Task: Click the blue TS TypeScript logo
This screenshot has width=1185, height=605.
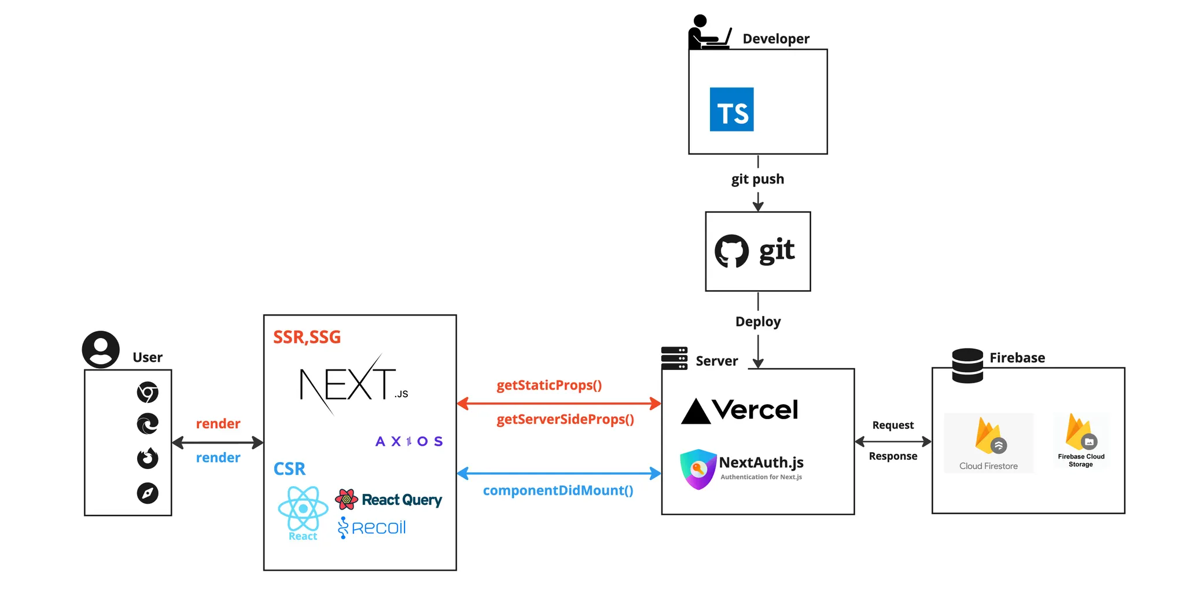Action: click(731, 109)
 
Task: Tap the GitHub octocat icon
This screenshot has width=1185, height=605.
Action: click(731, 251)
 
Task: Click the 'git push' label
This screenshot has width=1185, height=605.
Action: click(757, 179)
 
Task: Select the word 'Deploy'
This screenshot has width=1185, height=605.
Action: click(758, 321)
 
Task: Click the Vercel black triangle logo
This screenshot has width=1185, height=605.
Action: click(695, 412)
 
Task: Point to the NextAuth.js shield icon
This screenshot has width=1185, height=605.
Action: click(698, 469)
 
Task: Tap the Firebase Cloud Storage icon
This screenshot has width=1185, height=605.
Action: click(1080, 432)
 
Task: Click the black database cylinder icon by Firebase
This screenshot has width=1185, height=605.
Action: click(967, 365)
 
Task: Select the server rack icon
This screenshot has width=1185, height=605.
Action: click(674, 358)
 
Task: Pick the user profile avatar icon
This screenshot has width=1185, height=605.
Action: click(101, 350)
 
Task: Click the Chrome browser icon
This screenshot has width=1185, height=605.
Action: click(148, 392)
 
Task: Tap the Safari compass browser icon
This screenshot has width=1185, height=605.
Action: click(148, 493)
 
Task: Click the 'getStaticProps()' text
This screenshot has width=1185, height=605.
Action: click(549, 385)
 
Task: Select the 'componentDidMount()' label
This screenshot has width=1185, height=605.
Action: click(558, 490)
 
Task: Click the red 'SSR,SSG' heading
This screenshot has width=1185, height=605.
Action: click(307, 337)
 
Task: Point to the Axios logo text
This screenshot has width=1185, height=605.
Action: click(409, 442)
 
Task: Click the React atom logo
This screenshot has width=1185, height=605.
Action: click(303, 509)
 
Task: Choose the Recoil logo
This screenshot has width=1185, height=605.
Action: click(372, 527)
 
